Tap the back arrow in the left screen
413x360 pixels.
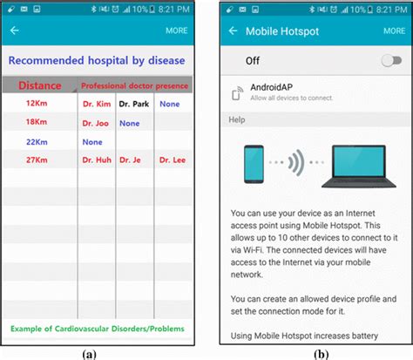[14, 31]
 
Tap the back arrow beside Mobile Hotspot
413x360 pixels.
[233, 31]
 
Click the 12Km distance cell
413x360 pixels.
[36, 104]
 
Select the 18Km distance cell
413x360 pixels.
[36, 123]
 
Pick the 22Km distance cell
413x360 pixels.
[36, 141]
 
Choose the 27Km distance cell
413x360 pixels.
[36, 160]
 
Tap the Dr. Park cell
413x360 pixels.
[133, 104]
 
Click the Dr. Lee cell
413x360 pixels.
[171, 160]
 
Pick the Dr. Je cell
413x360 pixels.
[131, 160]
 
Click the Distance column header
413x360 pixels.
[39, 85]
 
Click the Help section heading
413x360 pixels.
[237, 119]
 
